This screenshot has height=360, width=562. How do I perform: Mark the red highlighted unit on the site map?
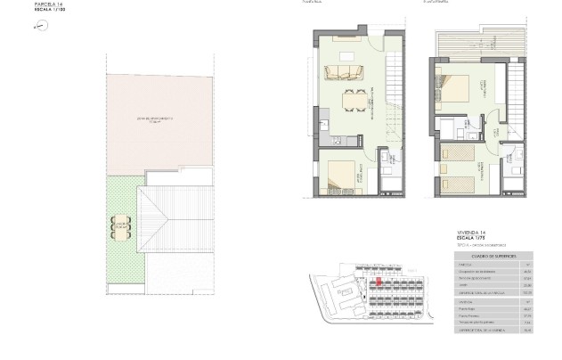[378, 282]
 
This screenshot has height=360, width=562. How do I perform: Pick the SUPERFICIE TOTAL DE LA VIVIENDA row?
[482, 330]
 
